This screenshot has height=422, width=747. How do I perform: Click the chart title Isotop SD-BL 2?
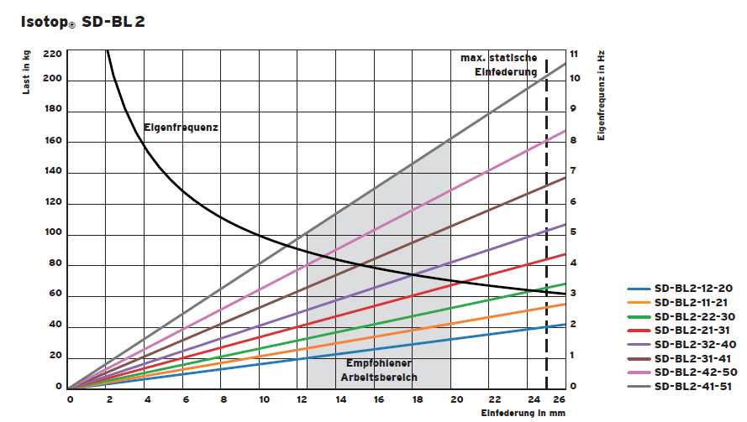82,22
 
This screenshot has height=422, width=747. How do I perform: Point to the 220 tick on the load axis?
52,54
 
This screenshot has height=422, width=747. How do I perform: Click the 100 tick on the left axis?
52,233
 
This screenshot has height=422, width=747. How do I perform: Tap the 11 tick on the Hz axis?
575,54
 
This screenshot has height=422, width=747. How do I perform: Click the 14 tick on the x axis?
340,399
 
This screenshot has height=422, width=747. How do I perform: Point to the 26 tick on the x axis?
560,399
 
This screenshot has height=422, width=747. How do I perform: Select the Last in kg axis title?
26,72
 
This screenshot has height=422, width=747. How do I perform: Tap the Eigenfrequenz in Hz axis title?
602,93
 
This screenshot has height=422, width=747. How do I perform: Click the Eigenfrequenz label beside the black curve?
181,128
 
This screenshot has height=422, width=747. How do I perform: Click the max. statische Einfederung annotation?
499,65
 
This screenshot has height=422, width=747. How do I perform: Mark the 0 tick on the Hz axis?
573,387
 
